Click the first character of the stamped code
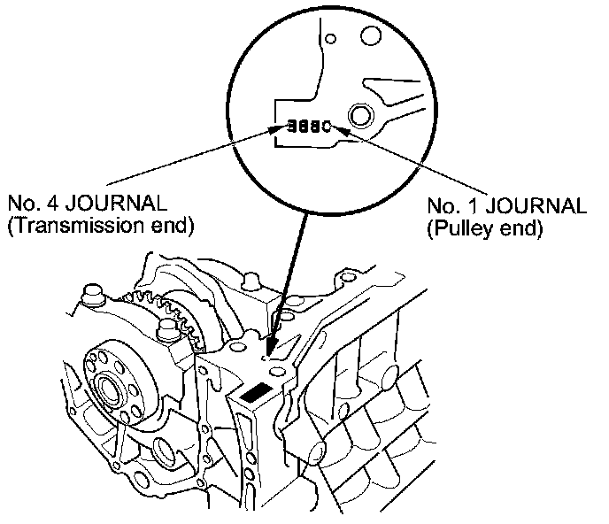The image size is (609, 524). click(291, 126)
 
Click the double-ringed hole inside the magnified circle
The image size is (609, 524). click(361, 115)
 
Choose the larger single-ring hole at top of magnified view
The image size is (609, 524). click(370, 36)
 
